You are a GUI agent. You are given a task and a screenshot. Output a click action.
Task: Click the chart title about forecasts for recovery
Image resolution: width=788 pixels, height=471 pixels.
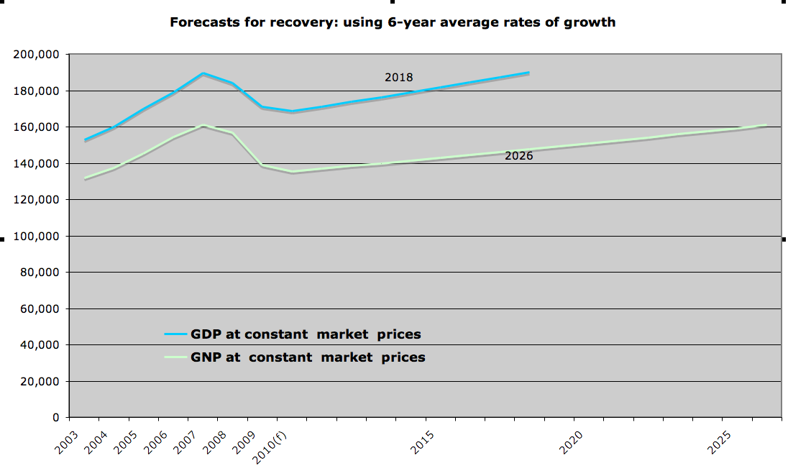click(392, 22)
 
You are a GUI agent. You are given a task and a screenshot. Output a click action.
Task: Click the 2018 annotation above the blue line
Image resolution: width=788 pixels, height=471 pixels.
click(398, 78)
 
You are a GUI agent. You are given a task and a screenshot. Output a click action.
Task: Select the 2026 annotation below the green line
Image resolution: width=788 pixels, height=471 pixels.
click(518, 155)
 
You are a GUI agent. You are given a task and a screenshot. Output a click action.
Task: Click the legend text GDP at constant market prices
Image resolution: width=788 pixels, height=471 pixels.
click(306, 334)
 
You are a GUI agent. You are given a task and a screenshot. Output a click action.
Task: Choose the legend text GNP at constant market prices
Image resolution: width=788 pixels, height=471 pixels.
click(308, 357)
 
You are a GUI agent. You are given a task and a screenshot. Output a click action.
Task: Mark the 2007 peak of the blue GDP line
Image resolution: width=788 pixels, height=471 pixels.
click(203, 73)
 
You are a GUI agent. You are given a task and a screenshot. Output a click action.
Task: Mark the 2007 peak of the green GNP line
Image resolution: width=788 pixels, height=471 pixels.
click(203, 125)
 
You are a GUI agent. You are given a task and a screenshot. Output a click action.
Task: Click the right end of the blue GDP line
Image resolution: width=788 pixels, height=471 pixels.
click(529, 73)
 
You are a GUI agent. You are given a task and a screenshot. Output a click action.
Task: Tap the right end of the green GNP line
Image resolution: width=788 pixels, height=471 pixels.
click(766, 125)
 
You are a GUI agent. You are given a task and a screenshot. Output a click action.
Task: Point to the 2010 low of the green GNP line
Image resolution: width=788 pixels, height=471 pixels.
click(293, 171)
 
